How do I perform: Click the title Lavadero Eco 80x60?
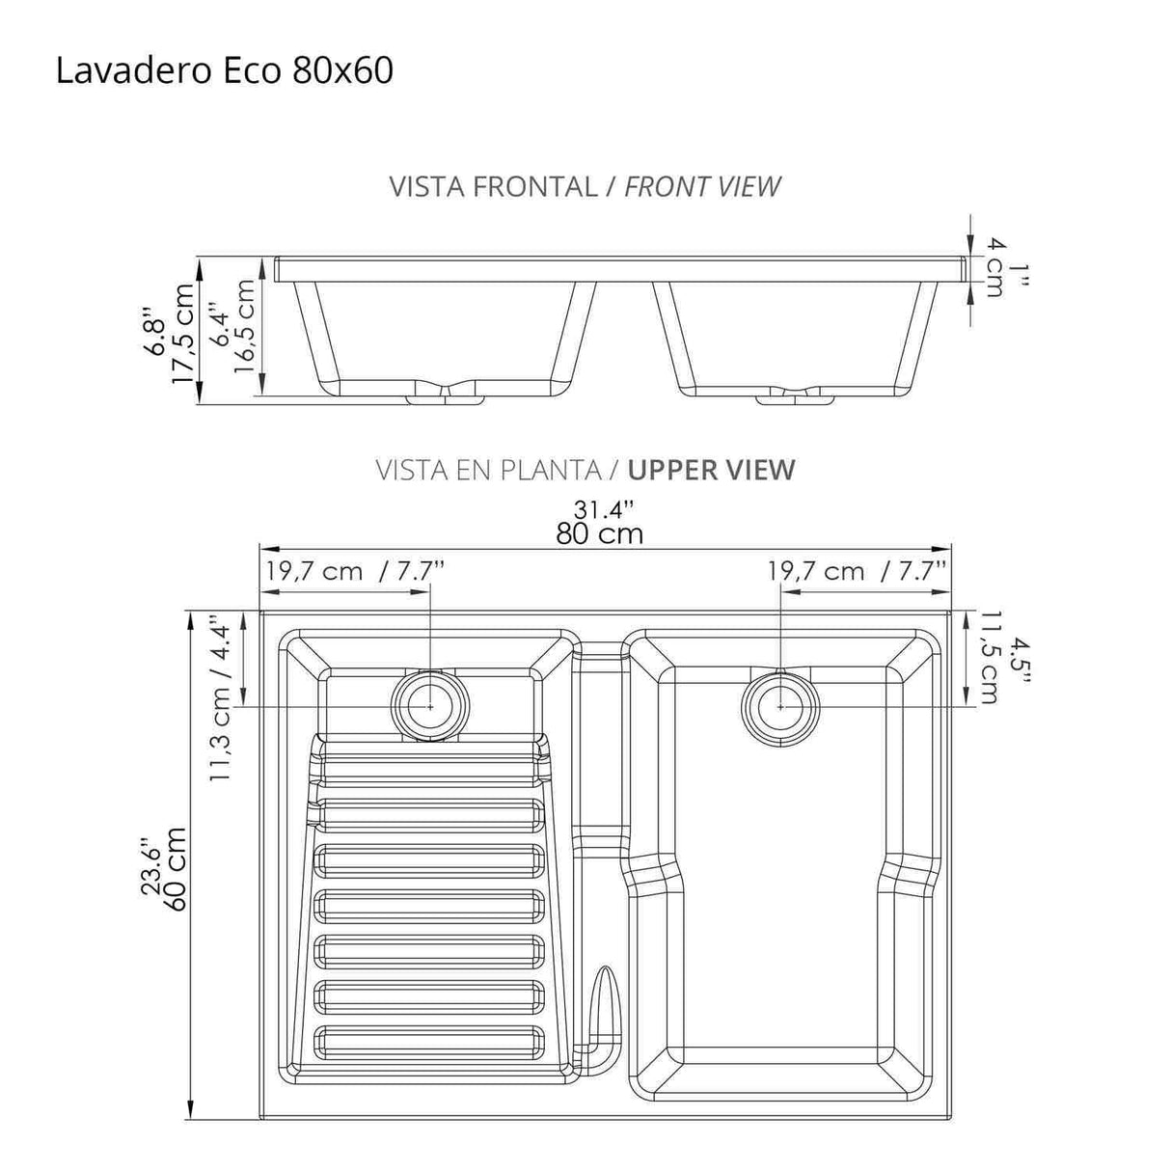(224, 71)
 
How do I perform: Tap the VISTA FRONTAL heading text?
(493, 187)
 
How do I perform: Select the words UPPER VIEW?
(711, 470)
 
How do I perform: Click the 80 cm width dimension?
(598, 533)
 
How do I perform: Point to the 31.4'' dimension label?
(604, 508)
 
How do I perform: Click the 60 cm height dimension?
(176, 868)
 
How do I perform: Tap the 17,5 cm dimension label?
(182, 333)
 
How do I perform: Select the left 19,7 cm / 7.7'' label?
(355, 571)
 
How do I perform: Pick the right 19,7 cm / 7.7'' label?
(857, 571)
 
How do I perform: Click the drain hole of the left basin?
(430, 706)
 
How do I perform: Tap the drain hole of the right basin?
(780, 706)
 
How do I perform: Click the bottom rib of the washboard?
(429, 1040)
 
